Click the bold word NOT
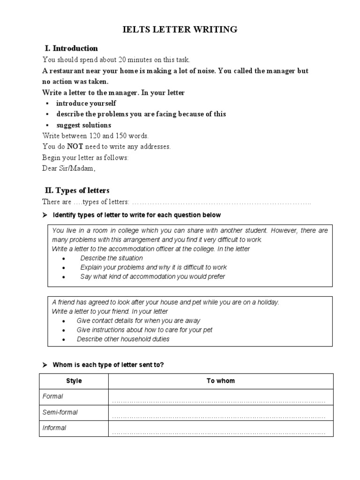click(x=75, y=146)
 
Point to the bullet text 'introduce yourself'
click(x=86, y=103)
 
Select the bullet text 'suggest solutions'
click(x=84, y=125)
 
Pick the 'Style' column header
click(x=74, y=381)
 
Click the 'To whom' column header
click(x=220, y=381)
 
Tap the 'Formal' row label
click(x=53, y=396)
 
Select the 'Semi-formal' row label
click(x=60, y=412)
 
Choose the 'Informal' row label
click(x=54, y=428)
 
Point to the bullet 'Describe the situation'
click(x=112, y=258)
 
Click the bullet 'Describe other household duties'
click(x=123, y=339)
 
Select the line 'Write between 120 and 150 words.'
click(x=96, y=136)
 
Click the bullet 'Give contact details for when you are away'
click(x=138, y=321)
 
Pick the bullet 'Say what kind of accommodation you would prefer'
click(x=153, y=277)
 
